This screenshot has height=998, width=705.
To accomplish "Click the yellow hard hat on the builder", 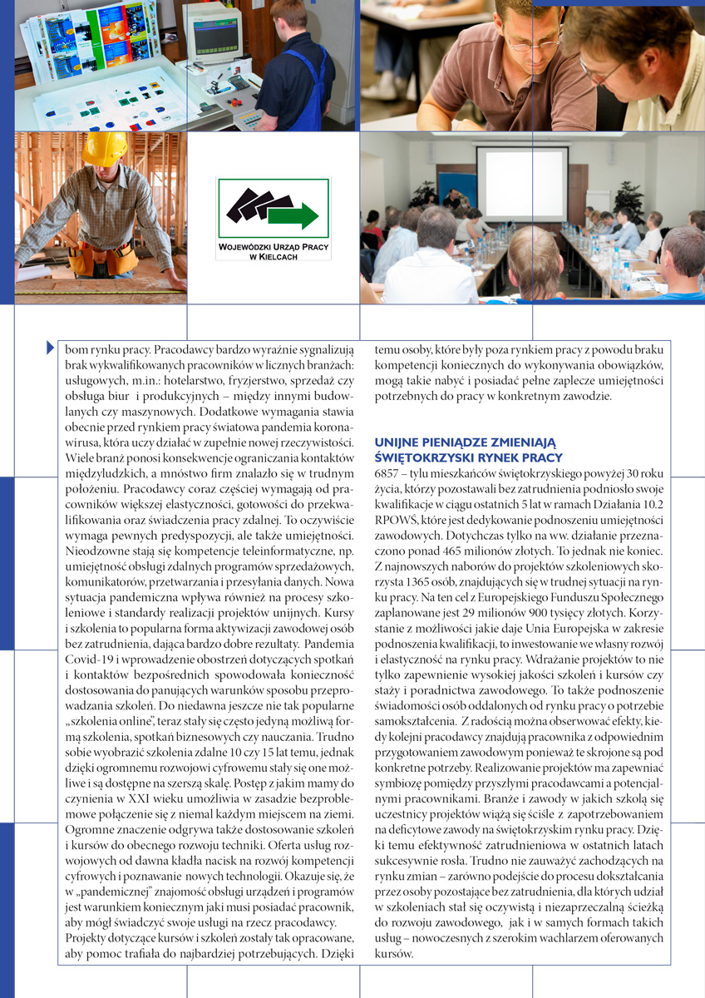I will (x=103, y=149).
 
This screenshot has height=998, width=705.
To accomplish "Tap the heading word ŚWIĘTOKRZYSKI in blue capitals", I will (x=420, y=457).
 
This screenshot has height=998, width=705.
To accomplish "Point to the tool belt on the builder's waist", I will (x=105, y=258).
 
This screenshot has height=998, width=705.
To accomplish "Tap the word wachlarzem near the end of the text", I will (x=565, y=938).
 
